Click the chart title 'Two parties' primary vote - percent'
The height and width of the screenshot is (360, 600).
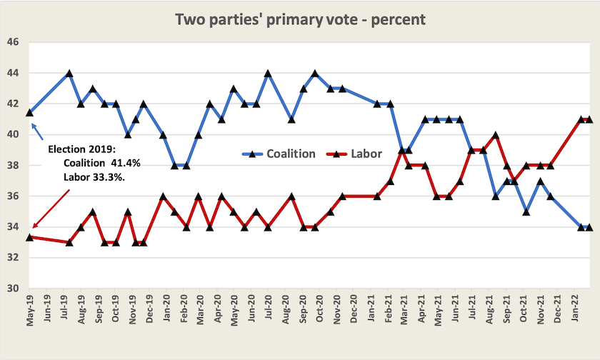click(x=301, y=19)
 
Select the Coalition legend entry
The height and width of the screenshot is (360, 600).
click(x=279, y=154)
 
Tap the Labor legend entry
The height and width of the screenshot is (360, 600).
click(x=354, y=154)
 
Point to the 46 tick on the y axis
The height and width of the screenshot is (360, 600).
click(x=13, y=42)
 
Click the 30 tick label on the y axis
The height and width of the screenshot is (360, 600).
click(x=13, y=288)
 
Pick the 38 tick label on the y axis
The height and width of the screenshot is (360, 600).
click(x=13, y=165)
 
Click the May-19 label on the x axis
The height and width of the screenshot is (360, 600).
click(x=30, y=311)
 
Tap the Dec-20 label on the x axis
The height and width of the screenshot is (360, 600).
click(x=354, y=309)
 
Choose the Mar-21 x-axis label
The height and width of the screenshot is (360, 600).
click(x=404, y=309)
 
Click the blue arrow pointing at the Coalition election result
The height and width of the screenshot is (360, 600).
click(x=37, y=131)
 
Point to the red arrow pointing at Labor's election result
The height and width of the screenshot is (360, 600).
click(x=51, y=209)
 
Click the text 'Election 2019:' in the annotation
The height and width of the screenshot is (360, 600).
click(x=81, y=149)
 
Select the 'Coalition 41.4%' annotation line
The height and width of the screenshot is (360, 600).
click(x=101, y=164)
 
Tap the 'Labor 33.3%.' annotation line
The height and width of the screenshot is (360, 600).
click(x=94, y=177)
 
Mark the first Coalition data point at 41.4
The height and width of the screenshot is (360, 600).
click(x=29, y=112)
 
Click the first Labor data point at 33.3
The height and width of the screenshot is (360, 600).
click(x=29, y=237)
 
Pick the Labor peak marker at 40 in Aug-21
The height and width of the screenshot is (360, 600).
click(x=496, y=135)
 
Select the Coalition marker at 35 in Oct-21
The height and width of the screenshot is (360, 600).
click(x=526, y=211)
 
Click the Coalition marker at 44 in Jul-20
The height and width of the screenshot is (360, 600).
click(x=268, y=73)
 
